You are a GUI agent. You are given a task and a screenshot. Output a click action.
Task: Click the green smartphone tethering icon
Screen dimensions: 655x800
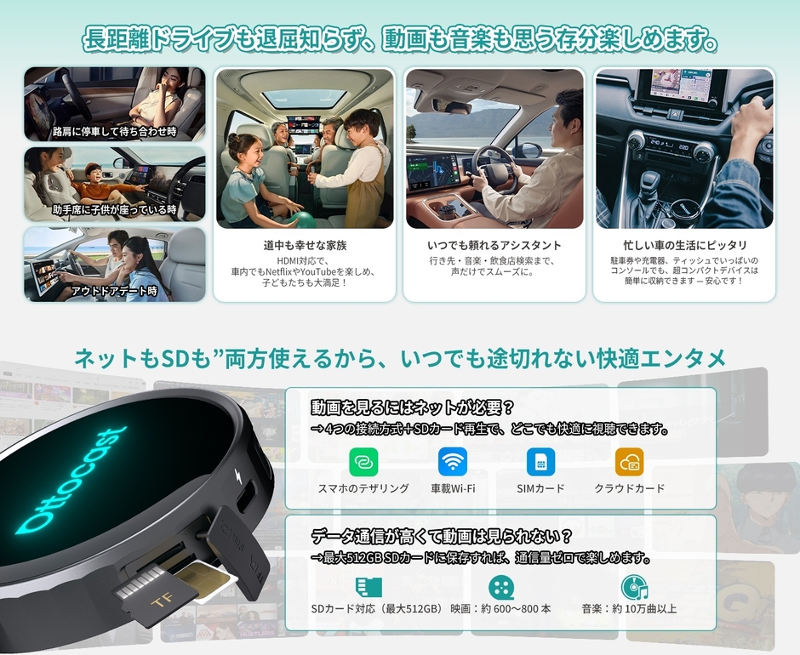[363, 462]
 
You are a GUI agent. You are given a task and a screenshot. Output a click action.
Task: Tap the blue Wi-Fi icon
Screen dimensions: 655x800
[453, 462]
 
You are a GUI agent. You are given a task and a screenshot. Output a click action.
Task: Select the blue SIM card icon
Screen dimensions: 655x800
[540, 462]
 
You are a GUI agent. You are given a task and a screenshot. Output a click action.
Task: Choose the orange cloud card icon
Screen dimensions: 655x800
[630, 462]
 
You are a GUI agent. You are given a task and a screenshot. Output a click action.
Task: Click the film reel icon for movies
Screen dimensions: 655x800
[501, 588]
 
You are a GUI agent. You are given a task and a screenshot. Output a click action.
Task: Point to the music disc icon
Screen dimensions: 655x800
[633, 588]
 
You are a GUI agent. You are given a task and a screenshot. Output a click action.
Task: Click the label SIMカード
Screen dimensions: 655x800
[540, 488]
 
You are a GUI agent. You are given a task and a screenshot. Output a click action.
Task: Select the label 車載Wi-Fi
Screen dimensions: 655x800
[453, 488]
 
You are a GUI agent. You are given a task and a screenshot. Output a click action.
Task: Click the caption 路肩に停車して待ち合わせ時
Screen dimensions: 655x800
[114, 132]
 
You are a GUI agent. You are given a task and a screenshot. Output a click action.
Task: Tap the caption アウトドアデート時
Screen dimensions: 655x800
[114, 291]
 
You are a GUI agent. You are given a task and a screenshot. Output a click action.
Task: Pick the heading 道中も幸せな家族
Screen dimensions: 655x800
[305, 245]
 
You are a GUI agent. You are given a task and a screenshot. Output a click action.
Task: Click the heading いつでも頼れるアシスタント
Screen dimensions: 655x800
[494, 245]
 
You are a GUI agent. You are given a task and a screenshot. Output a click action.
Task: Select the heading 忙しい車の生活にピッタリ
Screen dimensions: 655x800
[684, 245]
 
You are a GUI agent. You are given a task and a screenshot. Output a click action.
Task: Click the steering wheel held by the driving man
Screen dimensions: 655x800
[491, 169]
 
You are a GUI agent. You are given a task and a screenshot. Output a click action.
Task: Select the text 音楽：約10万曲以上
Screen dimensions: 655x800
[629, 609]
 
